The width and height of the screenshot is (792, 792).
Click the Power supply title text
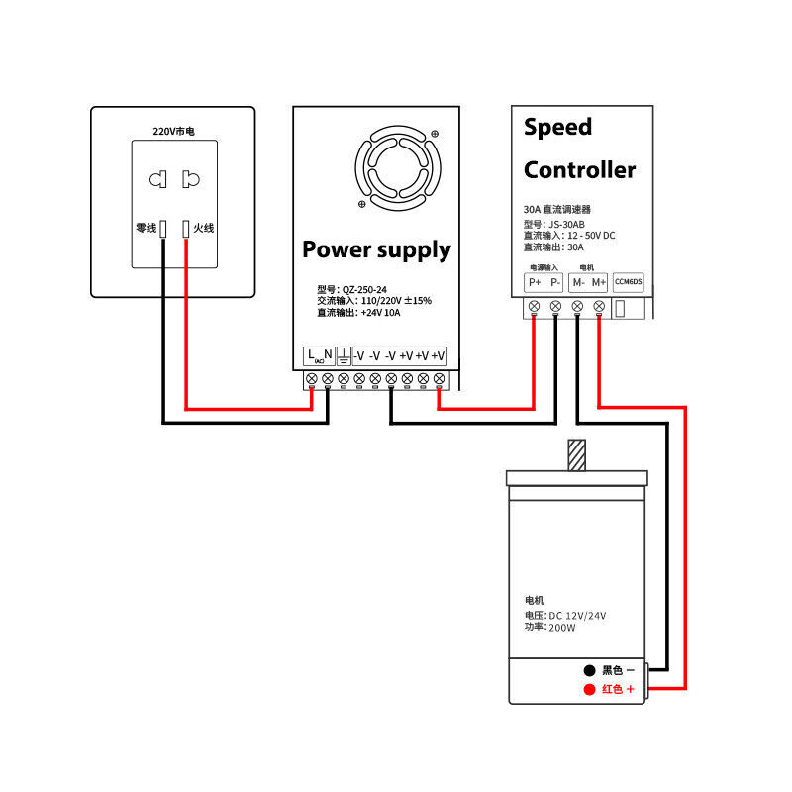(376, 249)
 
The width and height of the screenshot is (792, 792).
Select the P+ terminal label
(534, 282)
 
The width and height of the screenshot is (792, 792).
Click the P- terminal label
(554, 282)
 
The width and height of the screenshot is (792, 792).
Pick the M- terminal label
(577, 282)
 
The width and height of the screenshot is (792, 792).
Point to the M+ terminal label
(598, 282)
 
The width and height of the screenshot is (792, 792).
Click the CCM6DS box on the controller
(629, 282)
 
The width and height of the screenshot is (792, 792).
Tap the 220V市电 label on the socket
(173, 131)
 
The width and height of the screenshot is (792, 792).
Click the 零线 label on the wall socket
(146, 228)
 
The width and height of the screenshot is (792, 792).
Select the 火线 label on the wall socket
(204, 228)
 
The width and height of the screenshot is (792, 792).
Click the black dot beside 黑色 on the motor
(589, 670)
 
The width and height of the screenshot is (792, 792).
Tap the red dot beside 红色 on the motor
(589, 689)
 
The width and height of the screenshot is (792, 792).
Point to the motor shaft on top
(576, 454)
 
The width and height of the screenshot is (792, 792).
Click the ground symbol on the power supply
(343, 355)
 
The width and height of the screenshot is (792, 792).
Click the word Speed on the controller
(557, 127)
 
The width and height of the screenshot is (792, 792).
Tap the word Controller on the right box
(579, 169)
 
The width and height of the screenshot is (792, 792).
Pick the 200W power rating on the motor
(561, 627)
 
